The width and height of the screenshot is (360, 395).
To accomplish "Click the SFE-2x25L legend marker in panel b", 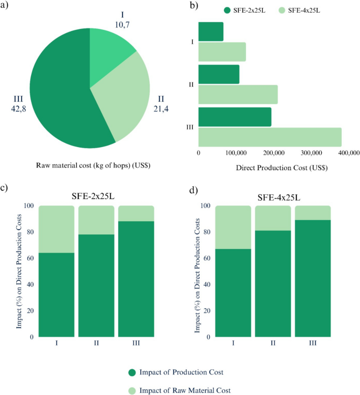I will [228, 10].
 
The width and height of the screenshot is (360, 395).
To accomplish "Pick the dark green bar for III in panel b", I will [234, 117].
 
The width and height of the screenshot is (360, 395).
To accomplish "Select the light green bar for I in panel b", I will [222, 51].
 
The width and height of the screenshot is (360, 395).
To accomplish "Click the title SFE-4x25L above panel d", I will [283, 196].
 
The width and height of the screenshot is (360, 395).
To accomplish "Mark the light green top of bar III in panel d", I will [313, 213].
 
